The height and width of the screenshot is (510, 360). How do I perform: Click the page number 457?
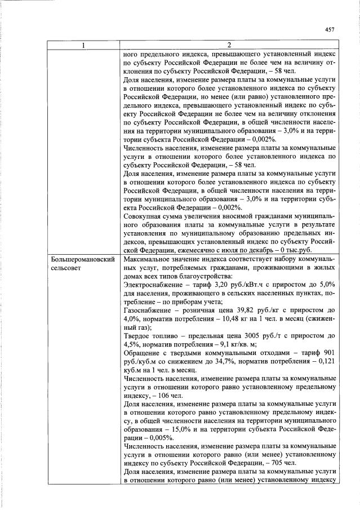coord(330,30)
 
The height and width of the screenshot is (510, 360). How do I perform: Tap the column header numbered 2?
coord(229,45)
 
